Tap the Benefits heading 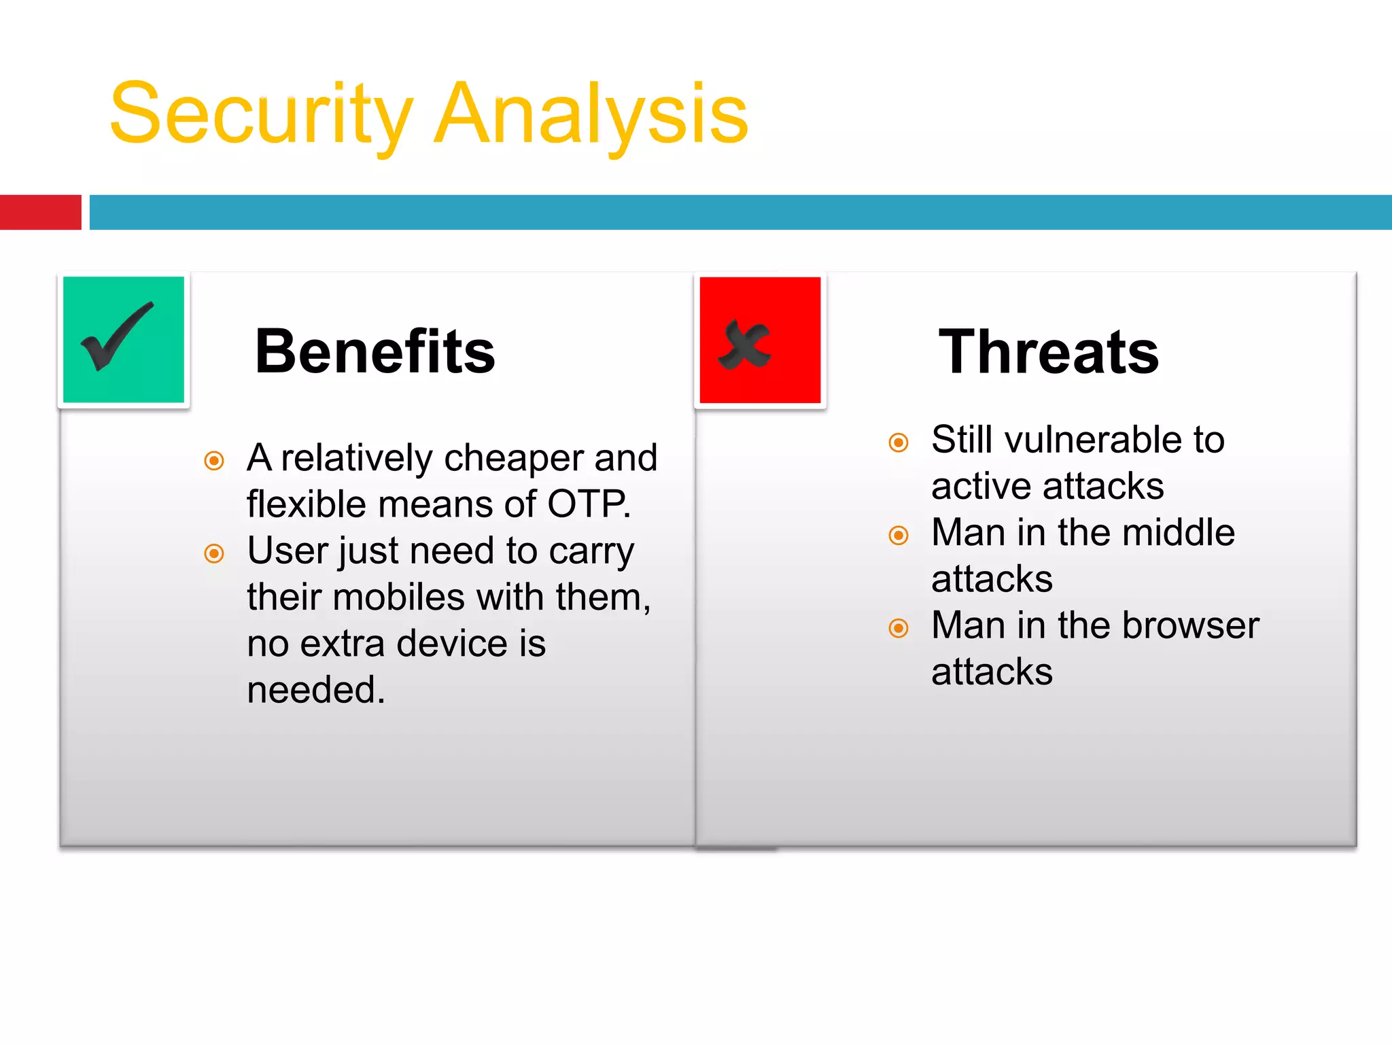[x=375, y=351]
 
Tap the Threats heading [x=1048, y=351]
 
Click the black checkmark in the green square [x=116, y=336]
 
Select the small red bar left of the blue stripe [x=40, y=212]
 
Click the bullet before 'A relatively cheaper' [x=214, y=461]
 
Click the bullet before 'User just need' [x=214, y=553]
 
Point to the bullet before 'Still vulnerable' [x=899, y=442]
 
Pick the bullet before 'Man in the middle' [x=899, y=536]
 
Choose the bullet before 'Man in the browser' [x=899, y=628]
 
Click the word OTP [x=589, y=504]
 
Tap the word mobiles [x=398, y=597]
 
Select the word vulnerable [x=1093, y=440]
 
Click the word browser [x=1190, y=625]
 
